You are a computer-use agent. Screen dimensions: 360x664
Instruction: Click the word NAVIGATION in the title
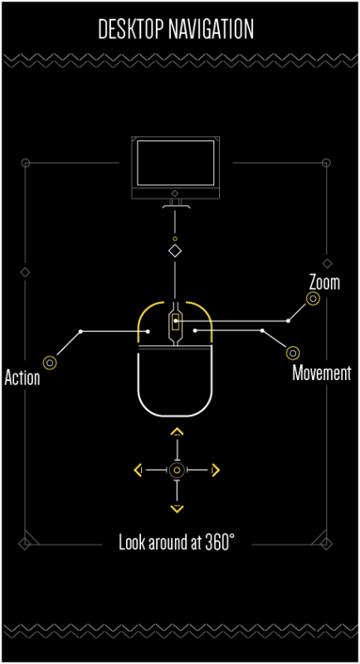[x=211, y=29]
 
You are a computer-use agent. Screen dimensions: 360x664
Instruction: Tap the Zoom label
[x=324, y=282]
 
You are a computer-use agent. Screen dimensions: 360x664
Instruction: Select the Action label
[x=22, y=378]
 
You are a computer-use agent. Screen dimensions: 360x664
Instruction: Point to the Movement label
[x=322, y=373]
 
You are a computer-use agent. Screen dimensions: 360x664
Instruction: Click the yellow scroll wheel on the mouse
[x=175, y=322]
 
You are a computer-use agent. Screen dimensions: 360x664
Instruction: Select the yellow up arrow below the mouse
[x=177, y=432]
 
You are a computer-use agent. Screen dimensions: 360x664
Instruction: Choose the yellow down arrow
[x=177, y=509]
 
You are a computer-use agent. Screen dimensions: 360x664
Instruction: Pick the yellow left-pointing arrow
[x=138, y=470]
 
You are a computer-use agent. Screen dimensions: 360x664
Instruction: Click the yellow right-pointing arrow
[x=216, y=470]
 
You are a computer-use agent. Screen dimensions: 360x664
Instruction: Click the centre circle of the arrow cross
[x=177, y=470]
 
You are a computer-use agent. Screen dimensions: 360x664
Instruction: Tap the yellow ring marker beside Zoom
[x=313, y=299]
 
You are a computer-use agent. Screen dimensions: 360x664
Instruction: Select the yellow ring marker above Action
[x=50, y=363]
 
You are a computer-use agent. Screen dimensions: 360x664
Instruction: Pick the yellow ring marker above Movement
[x=293, y=353]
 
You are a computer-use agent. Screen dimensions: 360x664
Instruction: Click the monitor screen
[x=176, y=163]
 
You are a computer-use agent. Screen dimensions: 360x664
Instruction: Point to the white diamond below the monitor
[x=175, y=251]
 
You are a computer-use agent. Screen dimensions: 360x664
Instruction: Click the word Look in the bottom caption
[x=129, y=542]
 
